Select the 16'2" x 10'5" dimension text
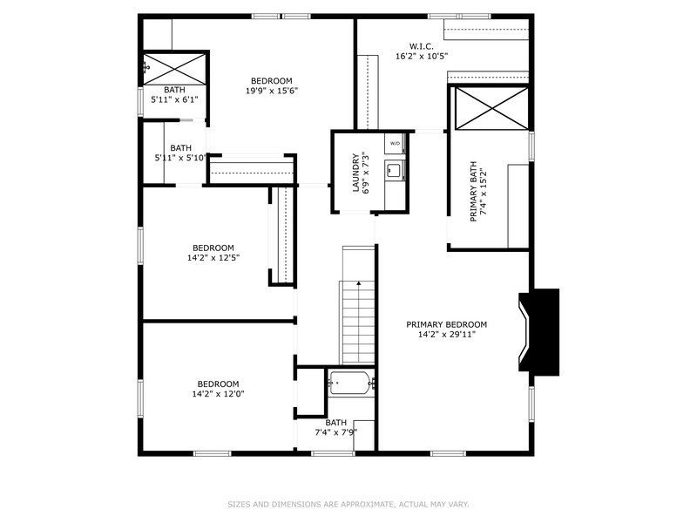tap(422, 56)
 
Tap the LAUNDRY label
tap(355, 173)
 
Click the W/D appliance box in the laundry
tap(395, 143)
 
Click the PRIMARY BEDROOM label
tap(446, 324)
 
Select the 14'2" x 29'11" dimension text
tap(446, 335)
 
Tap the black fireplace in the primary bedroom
tap(540, 333)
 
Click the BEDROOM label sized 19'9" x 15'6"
tap(271, 80)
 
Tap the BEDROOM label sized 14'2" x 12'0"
tap(218, 384)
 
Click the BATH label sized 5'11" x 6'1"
tap(174, 90)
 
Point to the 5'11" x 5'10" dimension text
tap(180, 158)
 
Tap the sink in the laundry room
tap(394, 170)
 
